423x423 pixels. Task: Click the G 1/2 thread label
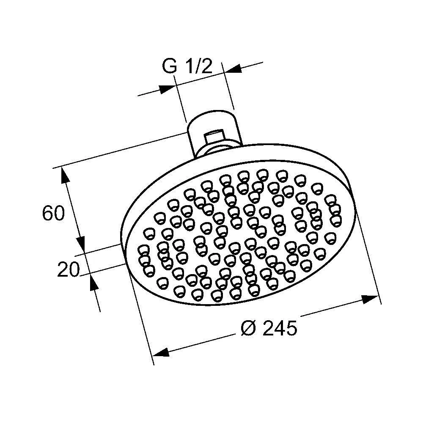[187, 66]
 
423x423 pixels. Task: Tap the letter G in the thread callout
[170, 66]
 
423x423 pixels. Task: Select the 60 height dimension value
[54, 213]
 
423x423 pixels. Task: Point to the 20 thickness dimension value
[69, 269]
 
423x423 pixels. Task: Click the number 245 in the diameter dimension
[280, 328]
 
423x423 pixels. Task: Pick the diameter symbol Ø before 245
[248, 328]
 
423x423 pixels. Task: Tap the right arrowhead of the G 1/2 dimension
[233, 69]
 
